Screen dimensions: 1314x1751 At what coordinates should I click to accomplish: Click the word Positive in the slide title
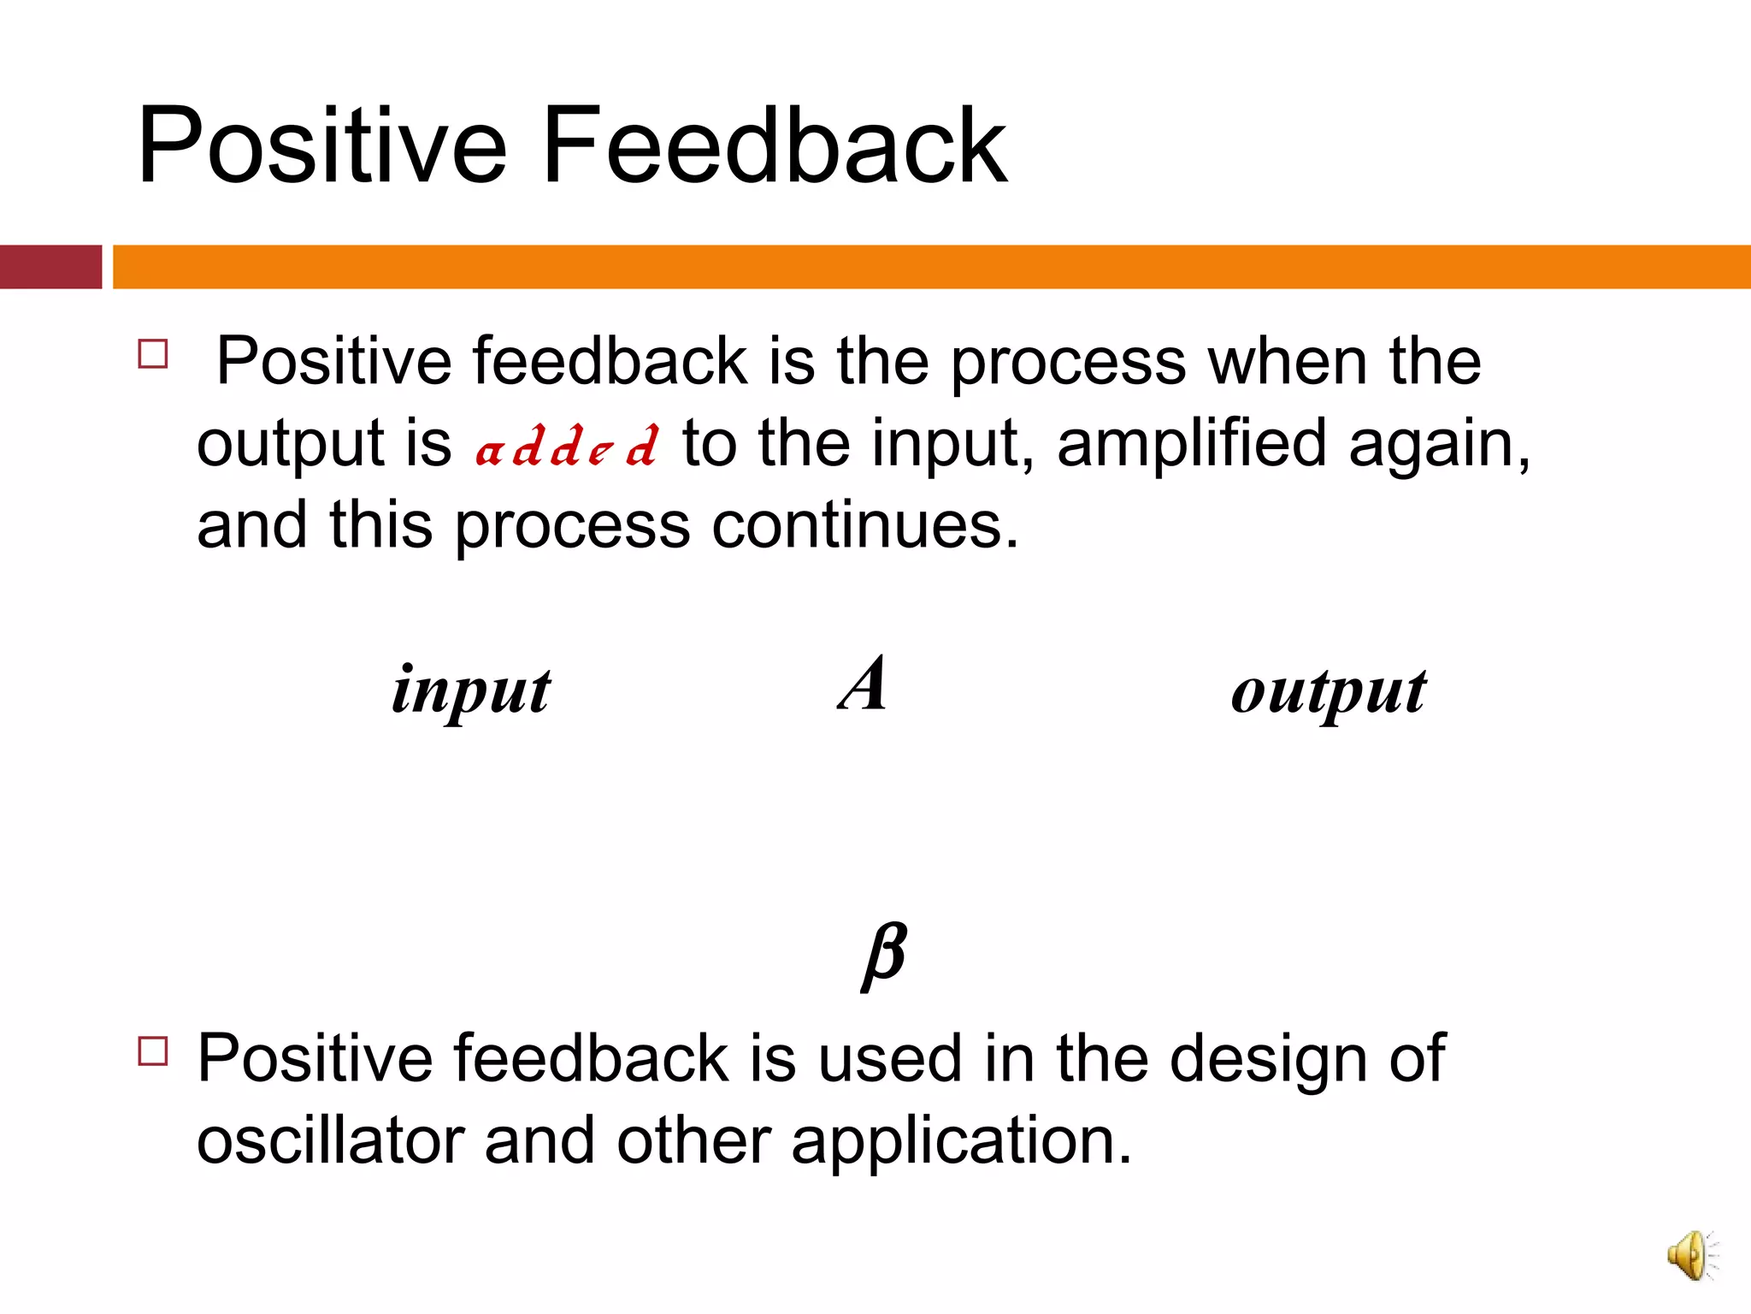click(322, 145)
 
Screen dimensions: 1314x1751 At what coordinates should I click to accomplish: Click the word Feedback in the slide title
click(774, 145)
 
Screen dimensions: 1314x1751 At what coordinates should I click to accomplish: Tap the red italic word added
click(567, 446)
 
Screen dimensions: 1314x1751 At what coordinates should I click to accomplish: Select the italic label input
click(471, 691)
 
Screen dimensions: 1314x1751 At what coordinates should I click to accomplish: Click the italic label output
click(1329, 691)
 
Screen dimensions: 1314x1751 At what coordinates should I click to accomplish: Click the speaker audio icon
click(1692, 1256)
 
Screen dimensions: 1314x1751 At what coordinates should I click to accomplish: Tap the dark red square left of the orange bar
click(50, 267)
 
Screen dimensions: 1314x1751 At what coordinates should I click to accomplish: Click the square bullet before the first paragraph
click(153, 353)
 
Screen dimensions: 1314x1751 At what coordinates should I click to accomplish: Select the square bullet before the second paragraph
click(153, 1051)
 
